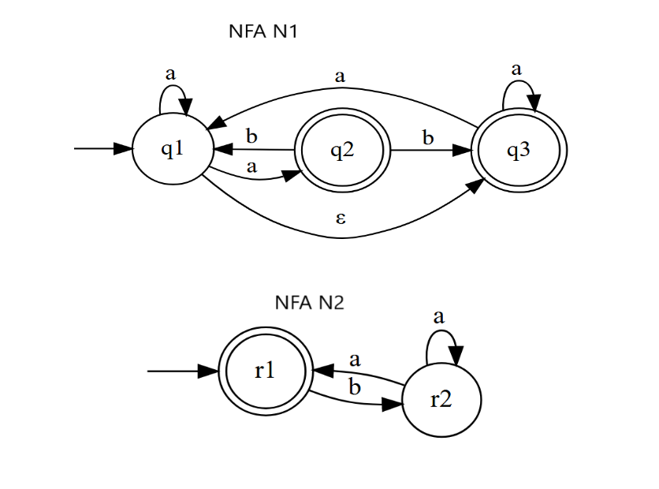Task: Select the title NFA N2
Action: click(x=310, y=302)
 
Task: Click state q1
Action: click(x=172, y=149)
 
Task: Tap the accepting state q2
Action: click(x=342, y=149)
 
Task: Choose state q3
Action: click(x=519, y=149)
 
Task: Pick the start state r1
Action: click(x=265, y=371)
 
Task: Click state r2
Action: click(x=441, y=400)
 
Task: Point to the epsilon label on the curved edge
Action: click(x=341, y=218)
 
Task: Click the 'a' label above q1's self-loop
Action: click(x=170, y=73)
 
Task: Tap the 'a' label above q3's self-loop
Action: click(x=516, y=69)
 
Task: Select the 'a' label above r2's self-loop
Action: click(x=439, y=317)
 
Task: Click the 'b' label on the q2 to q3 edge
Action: click(x=428, y=137)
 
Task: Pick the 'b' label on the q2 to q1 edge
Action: click(x=251, y=136)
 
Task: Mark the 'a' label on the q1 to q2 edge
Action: click(x=252, y=166)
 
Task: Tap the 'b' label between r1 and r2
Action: click(x=354, y=387)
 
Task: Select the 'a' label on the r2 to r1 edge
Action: click(x=355, y=360)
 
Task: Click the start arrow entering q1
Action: click(x=102, y=149)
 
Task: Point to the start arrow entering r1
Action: click(x=181, y=371)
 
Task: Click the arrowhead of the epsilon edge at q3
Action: click(x=476, y=185)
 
